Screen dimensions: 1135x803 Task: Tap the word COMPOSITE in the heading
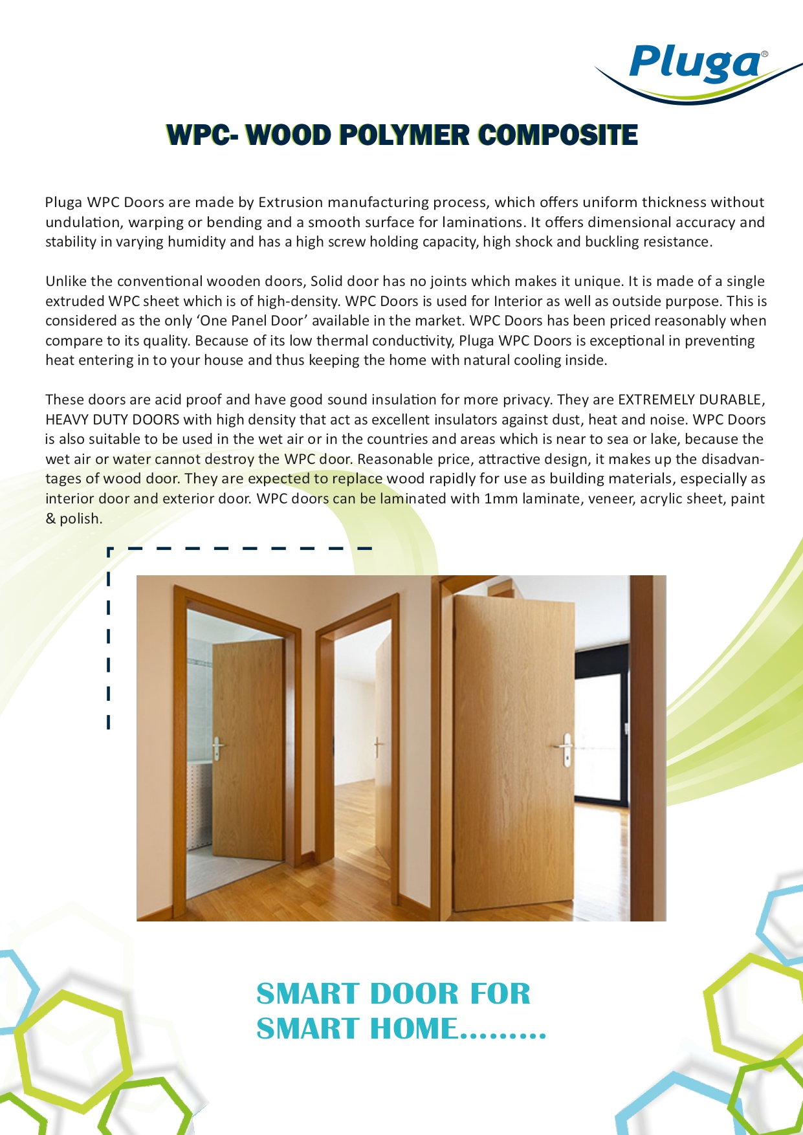[x=558, y=135]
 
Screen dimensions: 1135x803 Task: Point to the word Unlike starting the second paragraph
[x=65, y=281]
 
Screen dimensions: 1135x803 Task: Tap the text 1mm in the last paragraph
[x=501, y=499]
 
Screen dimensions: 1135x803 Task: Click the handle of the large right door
[x=565, y=747]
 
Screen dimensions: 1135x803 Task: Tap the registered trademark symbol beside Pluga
[x=765, y=55]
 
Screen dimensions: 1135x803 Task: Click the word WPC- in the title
[x=202, y=135]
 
